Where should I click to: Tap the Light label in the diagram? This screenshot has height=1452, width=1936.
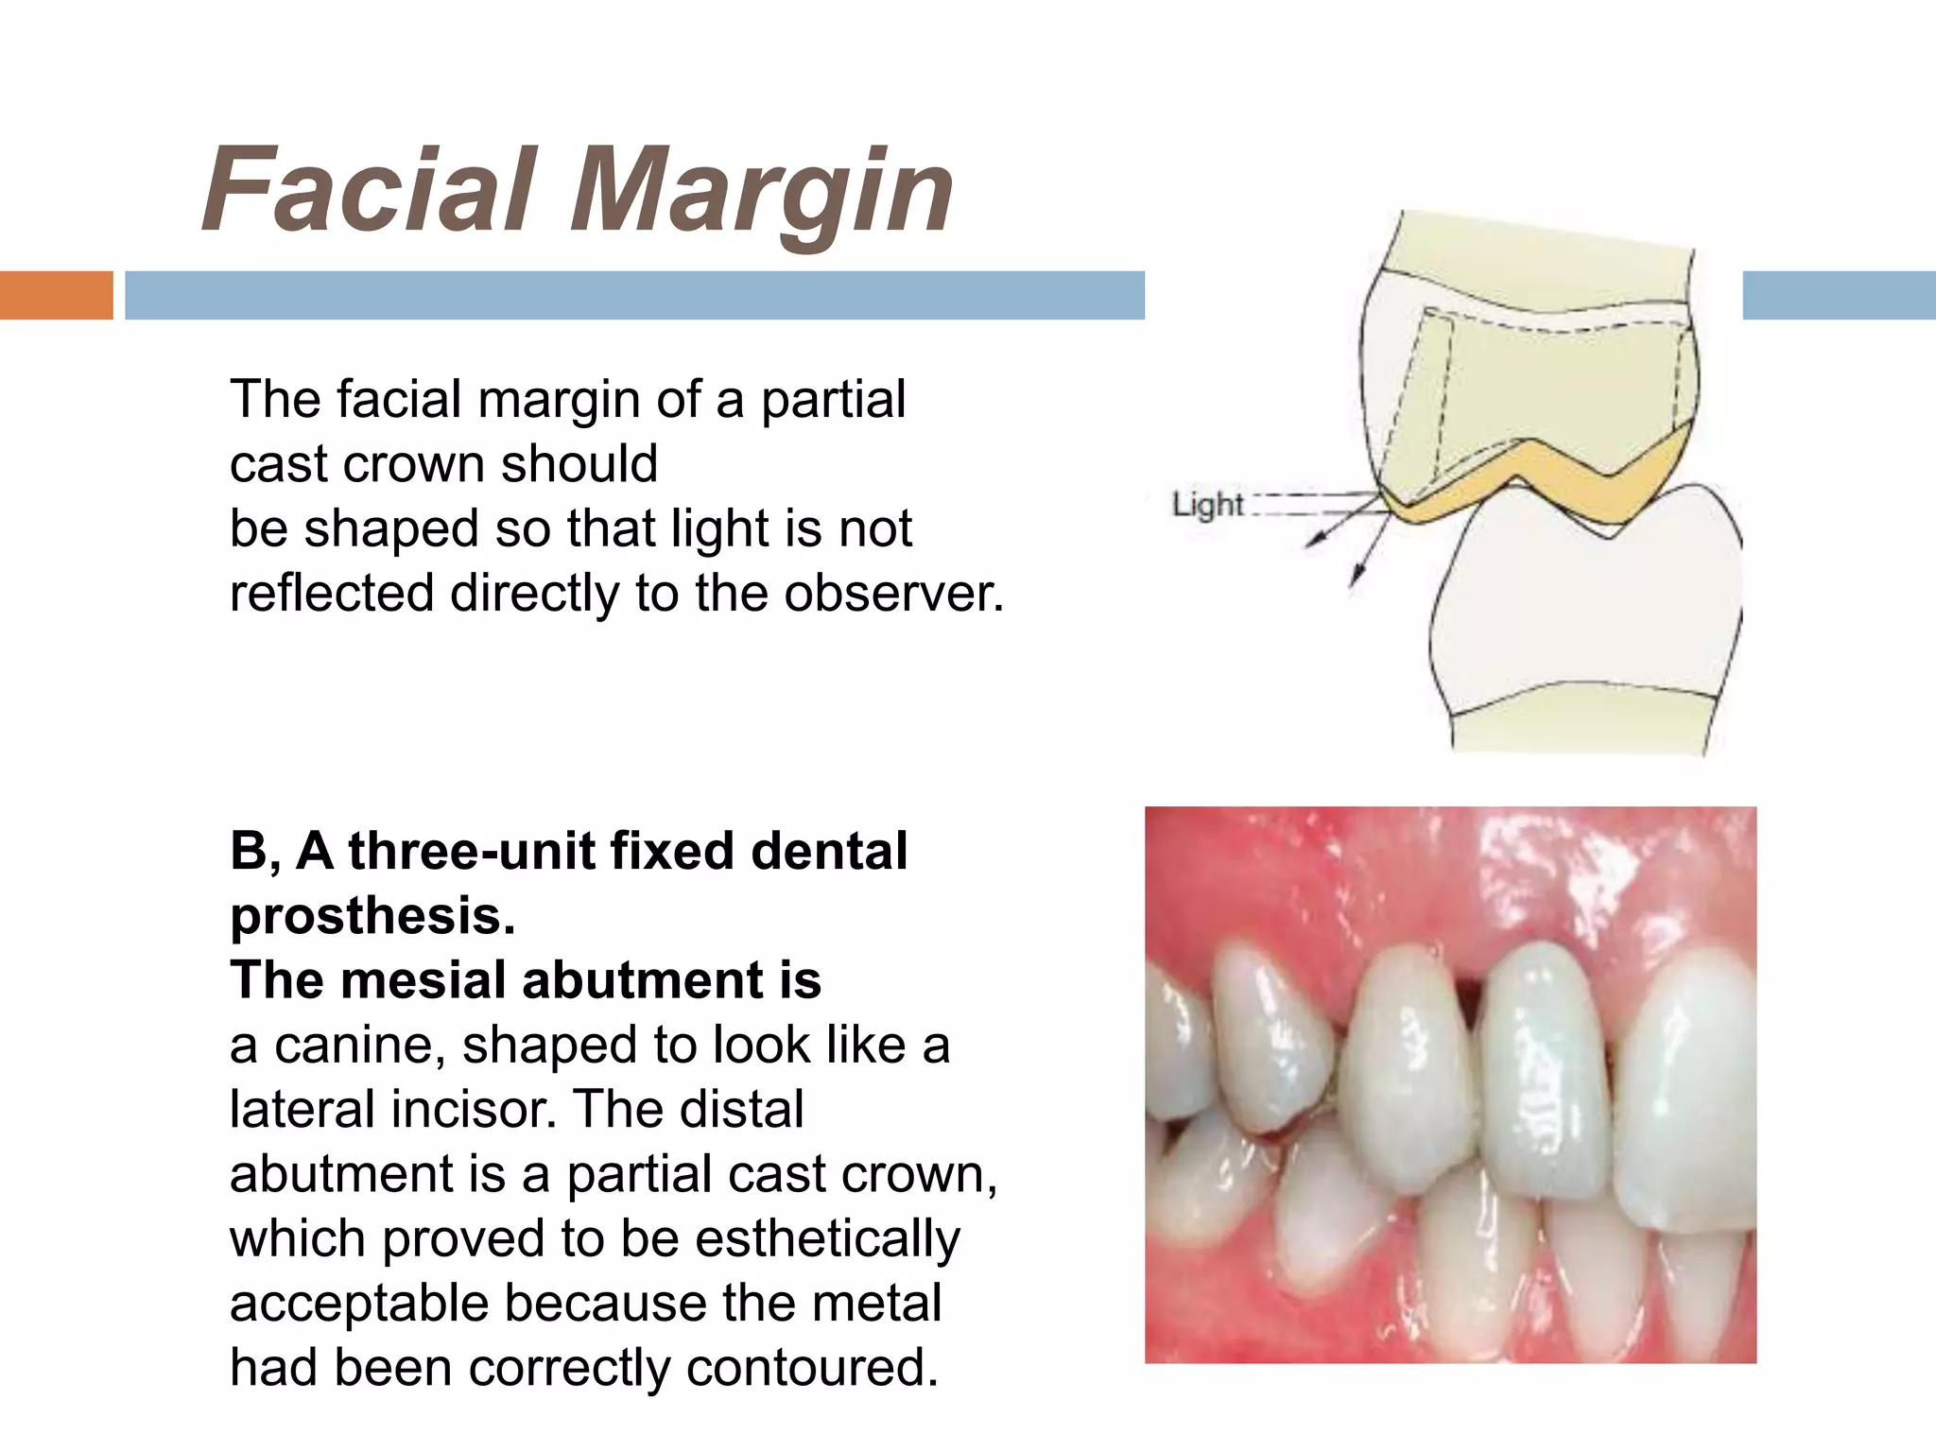(x=1207, y=504)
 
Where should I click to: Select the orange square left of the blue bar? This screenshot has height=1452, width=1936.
(x=56, y=295)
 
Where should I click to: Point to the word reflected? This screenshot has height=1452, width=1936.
(x=332, y=594)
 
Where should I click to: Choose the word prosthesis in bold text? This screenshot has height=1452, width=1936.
(x=372, y=915)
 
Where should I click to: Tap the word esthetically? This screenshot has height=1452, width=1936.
(x=827, y=1239)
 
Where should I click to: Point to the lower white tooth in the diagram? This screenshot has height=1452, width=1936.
(x=1588, y=624)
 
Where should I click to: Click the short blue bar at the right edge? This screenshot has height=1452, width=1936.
(x=1839, y=295)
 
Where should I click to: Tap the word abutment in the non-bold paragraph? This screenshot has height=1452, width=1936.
(x=341, y=1175)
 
